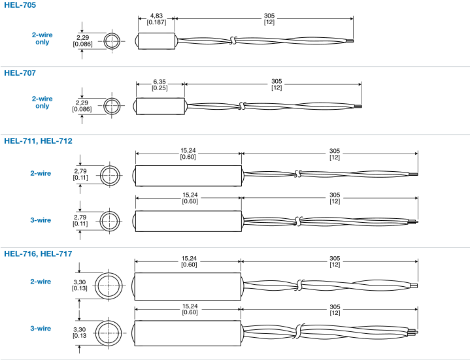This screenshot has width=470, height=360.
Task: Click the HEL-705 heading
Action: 20,5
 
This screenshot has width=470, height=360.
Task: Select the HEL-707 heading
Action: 20,73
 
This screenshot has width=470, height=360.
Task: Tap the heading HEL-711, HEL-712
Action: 38,140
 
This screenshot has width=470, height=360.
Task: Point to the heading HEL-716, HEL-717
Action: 38,254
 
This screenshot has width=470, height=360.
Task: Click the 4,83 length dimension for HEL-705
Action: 156,18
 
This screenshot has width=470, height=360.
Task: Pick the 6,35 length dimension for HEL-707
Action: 159,85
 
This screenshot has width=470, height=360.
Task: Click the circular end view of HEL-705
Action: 112,41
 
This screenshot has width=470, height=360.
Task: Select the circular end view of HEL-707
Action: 112,105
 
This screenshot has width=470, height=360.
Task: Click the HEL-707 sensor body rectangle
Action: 160,105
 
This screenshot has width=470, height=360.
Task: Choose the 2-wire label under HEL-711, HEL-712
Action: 41,174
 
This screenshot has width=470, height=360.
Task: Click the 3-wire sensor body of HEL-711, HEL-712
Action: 188,220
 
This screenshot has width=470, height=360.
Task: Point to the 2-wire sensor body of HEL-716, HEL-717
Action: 188,285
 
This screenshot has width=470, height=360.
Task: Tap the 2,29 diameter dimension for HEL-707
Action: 82,106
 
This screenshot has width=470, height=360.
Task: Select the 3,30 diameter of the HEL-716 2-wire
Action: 80,285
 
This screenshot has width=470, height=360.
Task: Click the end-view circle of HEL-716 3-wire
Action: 109,332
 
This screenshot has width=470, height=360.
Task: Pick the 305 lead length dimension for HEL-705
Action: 269,18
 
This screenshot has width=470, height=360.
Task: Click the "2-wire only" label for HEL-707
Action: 42,102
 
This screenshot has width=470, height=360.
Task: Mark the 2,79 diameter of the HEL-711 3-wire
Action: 80,220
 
